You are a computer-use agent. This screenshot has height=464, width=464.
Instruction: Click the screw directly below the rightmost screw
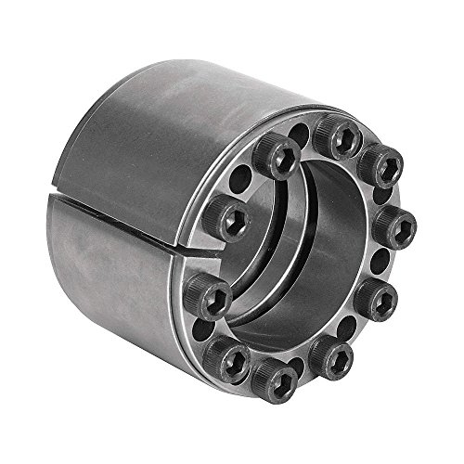tap(381, 295)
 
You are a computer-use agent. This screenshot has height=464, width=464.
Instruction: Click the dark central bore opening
tap(306, 260)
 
